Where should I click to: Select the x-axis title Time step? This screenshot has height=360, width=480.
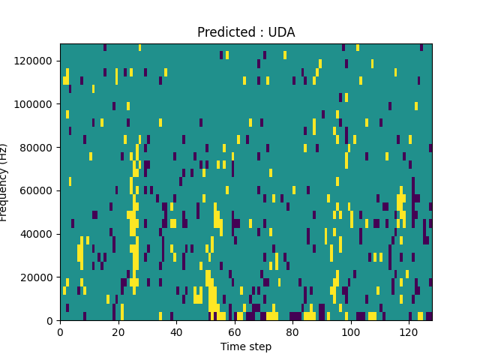(246, 346)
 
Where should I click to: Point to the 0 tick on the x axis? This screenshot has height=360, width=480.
(60, 332)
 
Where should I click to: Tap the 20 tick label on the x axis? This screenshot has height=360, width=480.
(118, 332)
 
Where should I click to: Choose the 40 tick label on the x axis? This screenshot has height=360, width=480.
(176, 332)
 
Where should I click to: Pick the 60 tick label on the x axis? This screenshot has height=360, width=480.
(234, 332)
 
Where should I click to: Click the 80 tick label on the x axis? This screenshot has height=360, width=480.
(292, 332)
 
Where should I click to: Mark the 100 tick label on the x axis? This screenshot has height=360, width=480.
(350, 332)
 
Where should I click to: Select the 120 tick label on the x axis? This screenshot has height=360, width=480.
(409, 332)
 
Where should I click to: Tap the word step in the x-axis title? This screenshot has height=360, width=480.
(259, 347)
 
